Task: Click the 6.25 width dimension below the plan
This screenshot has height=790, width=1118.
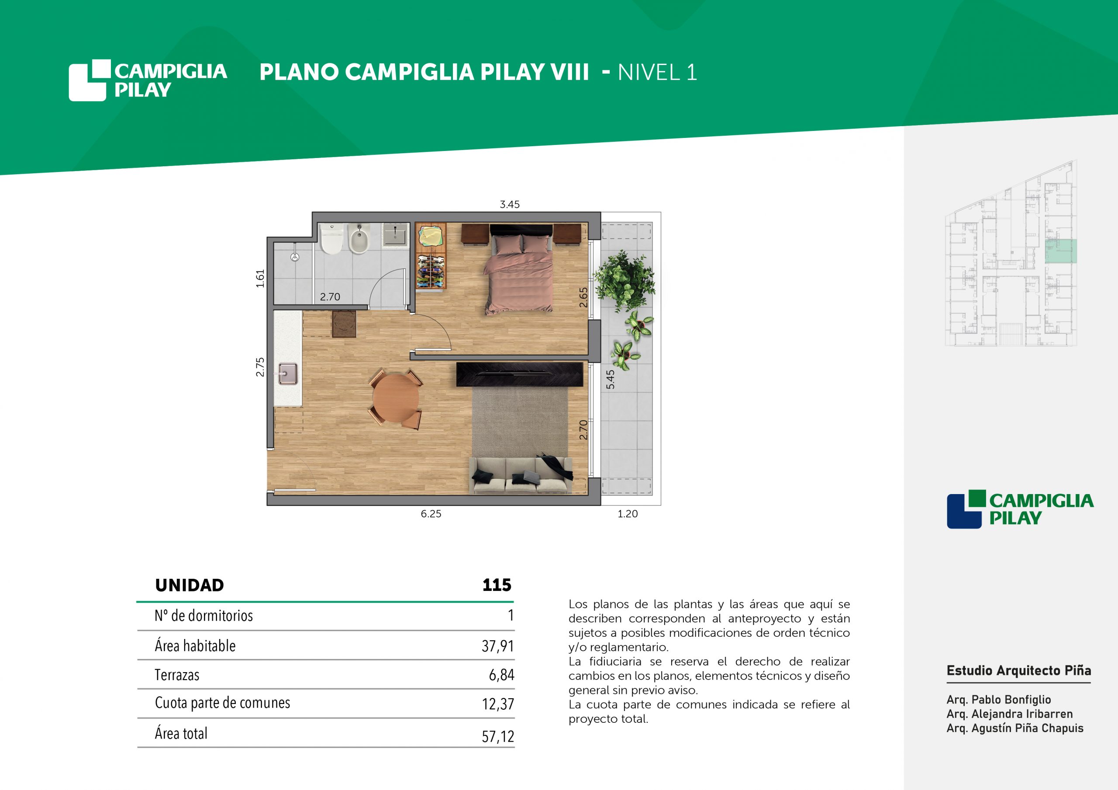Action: click(431, 514)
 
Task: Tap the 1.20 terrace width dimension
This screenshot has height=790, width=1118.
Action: click(627, 514)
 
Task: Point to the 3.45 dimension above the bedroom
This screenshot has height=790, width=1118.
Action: click(509, 204)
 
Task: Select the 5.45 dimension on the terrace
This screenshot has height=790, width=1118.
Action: click(610, 379)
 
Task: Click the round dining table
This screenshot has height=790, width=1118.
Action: click(395, 398)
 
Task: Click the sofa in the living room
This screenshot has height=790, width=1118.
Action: click(521, 474)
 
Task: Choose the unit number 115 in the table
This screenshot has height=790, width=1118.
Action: click(497, 584)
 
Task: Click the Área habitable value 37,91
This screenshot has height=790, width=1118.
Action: click(498, 646)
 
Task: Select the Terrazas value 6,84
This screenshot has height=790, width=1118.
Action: click(501, 675)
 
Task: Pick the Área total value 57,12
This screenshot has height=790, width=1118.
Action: click(498, 736)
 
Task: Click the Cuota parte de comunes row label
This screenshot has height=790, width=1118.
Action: click(223, 703)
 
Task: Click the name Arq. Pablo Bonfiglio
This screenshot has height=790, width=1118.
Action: click(999, 700)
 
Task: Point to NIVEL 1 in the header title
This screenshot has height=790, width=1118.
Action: click(657, 72)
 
